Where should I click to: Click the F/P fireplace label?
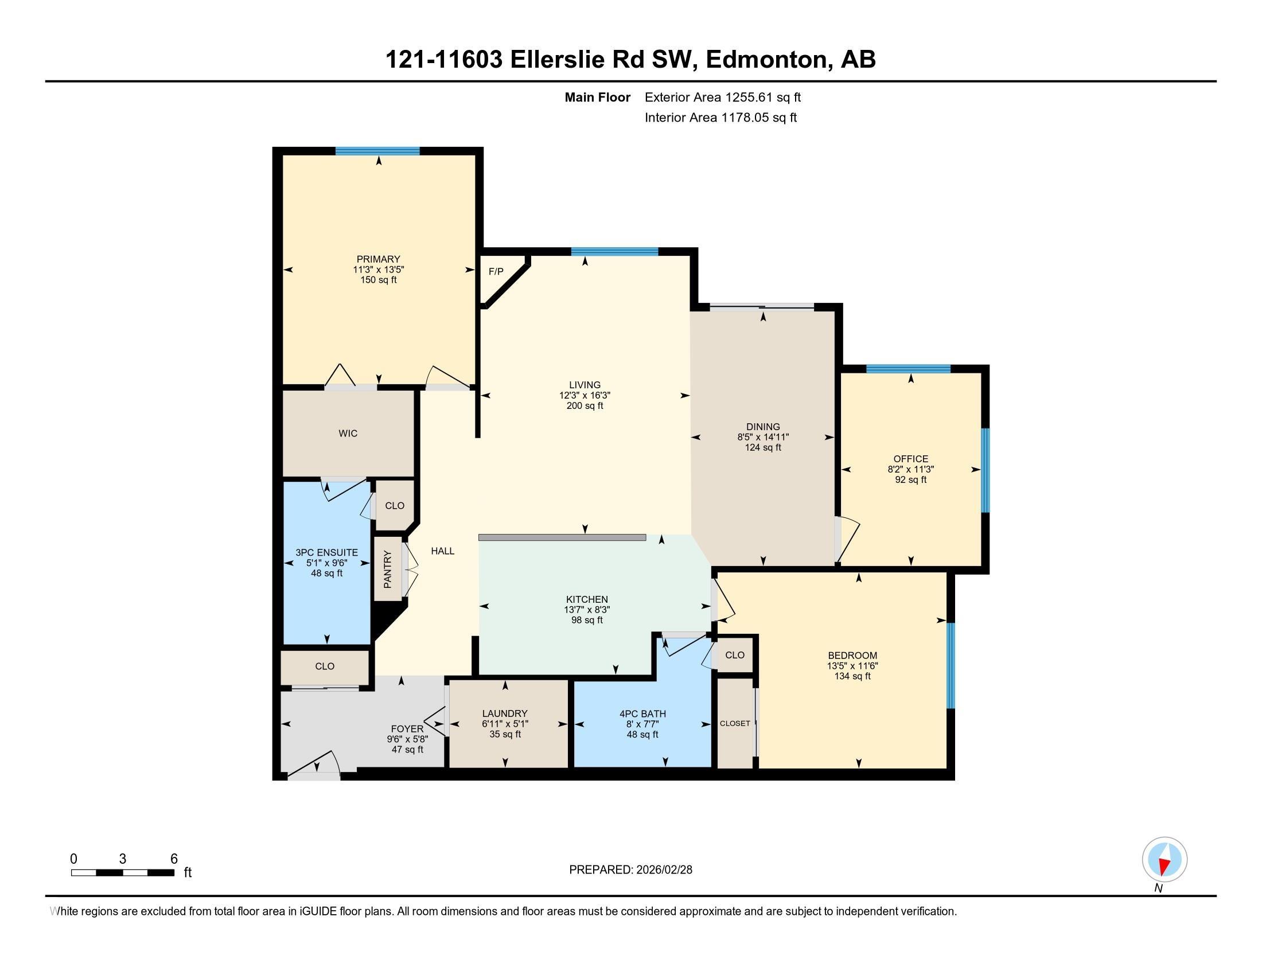point(496,271)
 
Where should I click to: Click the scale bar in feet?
point(123,873)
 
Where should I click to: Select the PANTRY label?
point(387,570)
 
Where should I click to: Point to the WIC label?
point(348,433)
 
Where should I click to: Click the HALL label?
point(443,551)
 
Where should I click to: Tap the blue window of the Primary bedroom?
point(377,151)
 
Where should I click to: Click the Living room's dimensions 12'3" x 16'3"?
point(585,396)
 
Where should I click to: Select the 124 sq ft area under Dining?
point(763,448)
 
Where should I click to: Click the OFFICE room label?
point(911,459)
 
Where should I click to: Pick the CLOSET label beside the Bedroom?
point(735,723)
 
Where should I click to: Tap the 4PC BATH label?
point(642,714)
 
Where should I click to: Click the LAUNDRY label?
point(505,713)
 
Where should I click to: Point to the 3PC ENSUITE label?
point(326,553)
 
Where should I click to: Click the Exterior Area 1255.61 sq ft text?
point(723,97)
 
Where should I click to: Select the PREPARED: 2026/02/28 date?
point(630,870)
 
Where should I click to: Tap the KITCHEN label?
point(587,599)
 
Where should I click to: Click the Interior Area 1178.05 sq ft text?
point(720,117)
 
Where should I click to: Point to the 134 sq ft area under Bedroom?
point(852,676)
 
